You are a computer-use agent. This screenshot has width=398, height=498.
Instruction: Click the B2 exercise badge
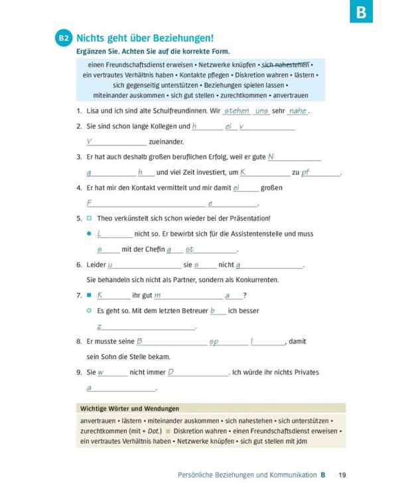tap(64, 39)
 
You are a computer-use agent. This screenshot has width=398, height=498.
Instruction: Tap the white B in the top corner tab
tap(361, 11)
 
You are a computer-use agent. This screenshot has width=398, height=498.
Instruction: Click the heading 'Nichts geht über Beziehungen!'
tap(145, 39)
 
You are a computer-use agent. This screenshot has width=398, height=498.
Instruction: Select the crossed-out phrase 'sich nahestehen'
tap(285, 64)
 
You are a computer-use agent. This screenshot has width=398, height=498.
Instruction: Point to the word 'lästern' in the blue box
tap(305, 75)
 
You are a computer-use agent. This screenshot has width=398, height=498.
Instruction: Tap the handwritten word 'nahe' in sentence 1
tap(298, 111)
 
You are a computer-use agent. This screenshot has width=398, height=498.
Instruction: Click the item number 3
tap(79, 157)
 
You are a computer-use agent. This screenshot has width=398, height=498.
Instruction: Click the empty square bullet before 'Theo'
tap(89, 218)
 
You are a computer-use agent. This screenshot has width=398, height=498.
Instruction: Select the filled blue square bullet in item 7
tap(89, 295)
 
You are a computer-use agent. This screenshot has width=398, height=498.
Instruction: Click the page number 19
tap(342, 475)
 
